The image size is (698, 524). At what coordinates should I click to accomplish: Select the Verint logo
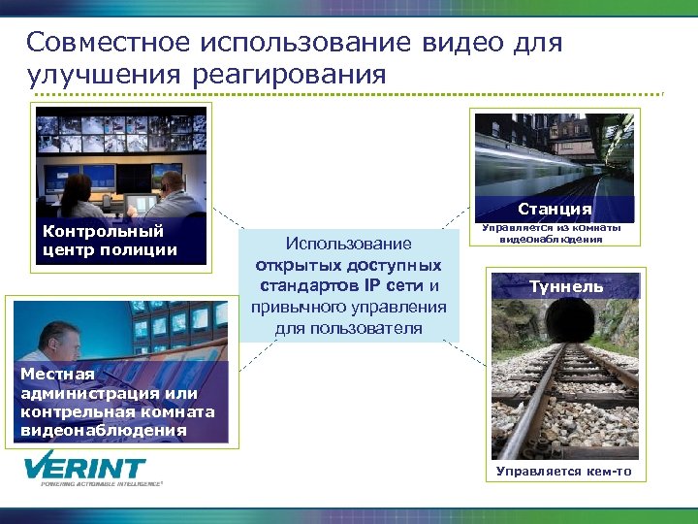86,469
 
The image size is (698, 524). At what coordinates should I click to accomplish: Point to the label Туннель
566,286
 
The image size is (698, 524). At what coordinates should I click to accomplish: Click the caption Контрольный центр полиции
110,241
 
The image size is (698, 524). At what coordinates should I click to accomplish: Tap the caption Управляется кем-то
563,472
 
